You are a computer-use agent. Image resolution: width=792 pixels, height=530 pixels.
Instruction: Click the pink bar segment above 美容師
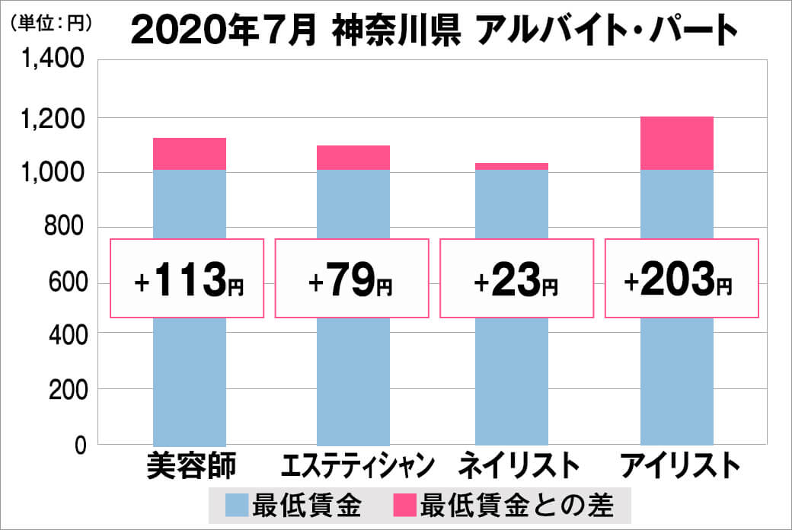(x=190, y=154)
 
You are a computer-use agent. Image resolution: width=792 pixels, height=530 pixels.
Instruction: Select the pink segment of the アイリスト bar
(x=677, y=143)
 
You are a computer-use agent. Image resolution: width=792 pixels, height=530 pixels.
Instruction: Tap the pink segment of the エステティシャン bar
(x=353, y=158)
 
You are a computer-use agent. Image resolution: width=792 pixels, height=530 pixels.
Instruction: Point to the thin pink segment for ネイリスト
(x=511, y=166)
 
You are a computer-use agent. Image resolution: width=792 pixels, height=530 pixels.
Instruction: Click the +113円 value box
(x=188, y=278)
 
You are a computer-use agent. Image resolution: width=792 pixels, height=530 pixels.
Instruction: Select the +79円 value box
(x=352, y=278)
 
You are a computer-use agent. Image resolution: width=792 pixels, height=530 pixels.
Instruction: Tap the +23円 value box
(x=516, y=278)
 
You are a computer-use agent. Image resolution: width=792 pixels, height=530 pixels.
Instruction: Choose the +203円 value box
(x=681, y=278)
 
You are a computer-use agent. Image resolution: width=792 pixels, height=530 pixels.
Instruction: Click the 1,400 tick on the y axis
(x=58, y=62)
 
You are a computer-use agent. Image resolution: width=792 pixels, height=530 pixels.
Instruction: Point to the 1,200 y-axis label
(x=58, y=118)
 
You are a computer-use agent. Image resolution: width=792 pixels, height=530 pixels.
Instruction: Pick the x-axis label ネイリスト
(x=516, y=466)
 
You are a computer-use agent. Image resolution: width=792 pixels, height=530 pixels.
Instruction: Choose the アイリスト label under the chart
(x=680, y=466)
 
